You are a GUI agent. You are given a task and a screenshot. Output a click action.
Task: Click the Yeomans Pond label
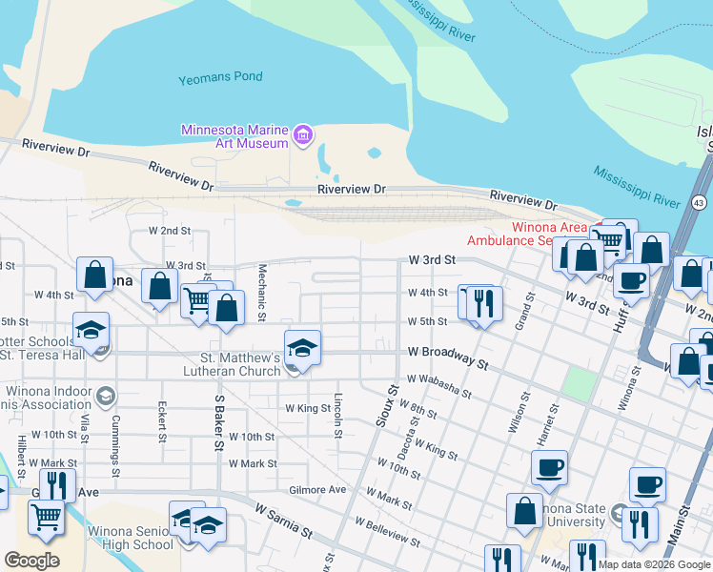tap(220, 77)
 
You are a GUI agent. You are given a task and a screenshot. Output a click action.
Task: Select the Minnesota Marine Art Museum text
tap(235, 136)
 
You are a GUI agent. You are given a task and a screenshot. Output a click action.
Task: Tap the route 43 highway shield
tap(700, 203)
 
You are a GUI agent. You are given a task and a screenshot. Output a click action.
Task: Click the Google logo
tap(31, 560)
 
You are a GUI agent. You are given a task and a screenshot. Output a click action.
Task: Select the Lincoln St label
tap(338, 416)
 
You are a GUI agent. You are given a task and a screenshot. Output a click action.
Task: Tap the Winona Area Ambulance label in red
tap(534, 234)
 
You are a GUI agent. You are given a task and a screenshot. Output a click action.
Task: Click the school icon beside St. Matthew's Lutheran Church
tap(302, 349)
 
